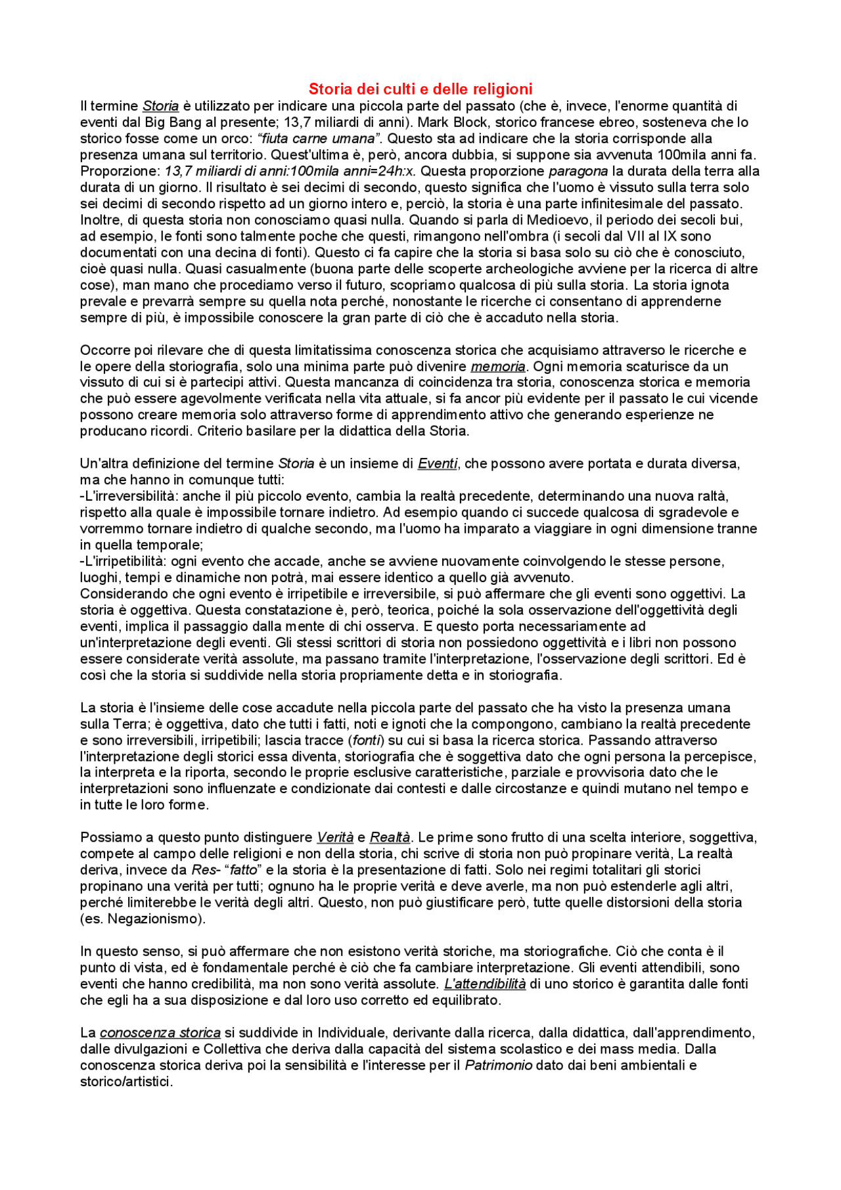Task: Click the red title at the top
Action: [420, 89]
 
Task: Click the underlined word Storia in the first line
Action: [160, 106]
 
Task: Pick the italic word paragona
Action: [578, 172]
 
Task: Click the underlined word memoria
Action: [498, 367]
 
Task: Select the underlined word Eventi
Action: [437, 464]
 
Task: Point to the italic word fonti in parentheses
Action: [365, 740]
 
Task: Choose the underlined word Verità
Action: [335, 838]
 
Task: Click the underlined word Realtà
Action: [390, 838]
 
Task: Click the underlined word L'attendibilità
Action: [485, 984]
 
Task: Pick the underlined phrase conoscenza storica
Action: [160, 1033]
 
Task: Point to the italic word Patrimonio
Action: [498, 1065]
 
